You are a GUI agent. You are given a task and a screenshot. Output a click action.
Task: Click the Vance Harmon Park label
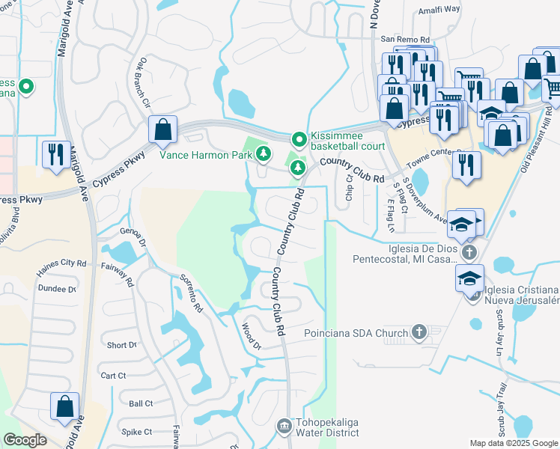pos(204,155)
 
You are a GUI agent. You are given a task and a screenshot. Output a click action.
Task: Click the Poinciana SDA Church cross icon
pos(419,332)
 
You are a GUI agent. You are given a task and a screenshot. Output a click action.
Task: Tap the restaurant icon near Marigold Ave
pos(56,155)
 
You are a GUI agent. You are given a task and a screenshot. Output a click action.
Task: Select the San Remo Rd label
pos(405,39)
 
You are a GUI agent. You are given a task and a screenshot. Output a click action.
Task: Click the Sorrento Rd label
pos(191,293)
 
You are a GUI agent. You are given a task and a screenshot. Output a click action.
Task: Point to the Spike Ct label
pos(137,432)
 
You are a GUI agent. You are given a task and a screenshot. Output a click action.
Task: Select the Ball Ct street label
pos(141,403)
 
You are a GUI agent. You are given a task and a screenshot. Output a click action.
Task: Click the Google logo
pos(25,440)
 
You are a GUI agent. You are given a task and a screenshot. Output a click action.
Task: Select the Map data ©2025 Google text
pos(513,443)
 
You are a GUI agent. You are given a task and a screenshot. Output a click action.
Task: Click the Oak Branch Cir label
pos(143,86)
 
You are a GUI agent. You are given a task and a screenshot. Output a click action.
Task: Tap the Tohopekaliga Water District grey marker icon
pos(283,427)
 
